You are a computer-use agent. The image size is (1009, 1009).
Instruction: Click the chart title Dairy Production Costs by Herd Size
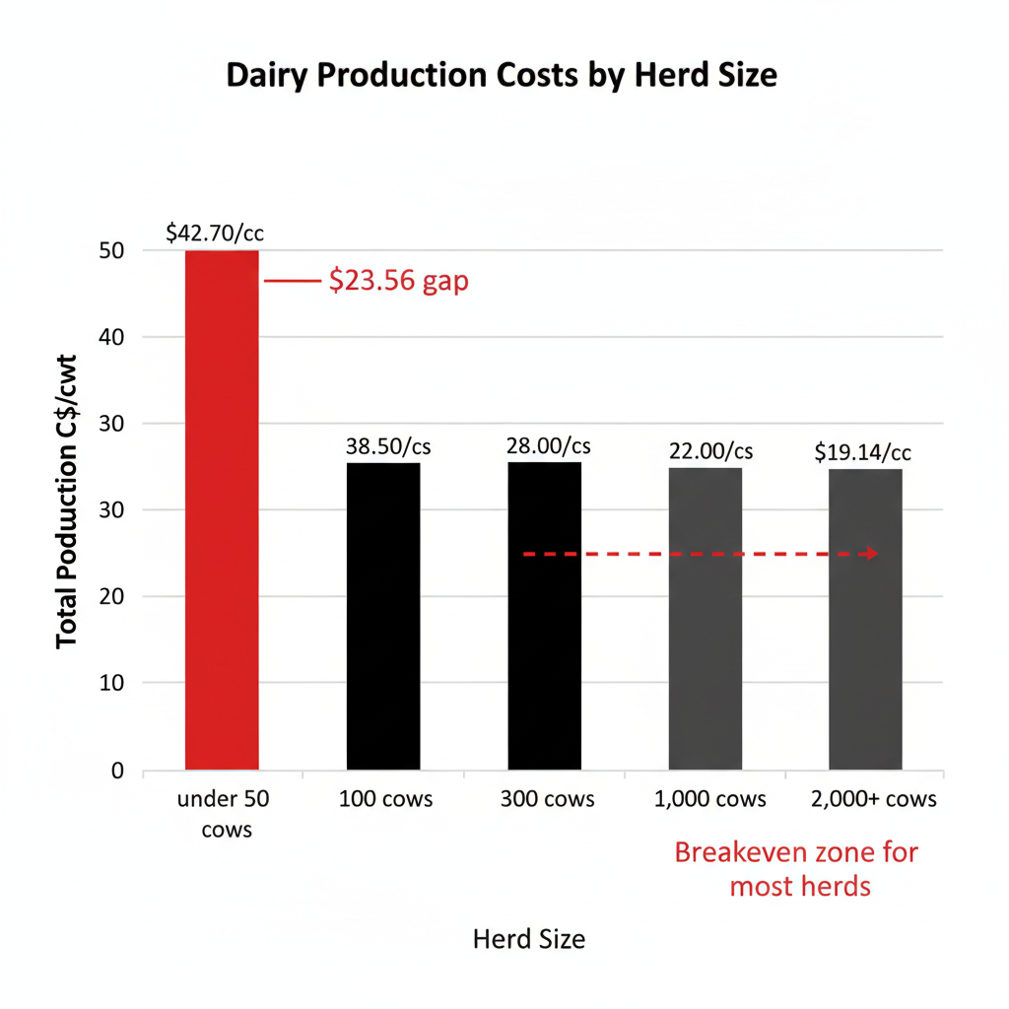click(x=502, y=76)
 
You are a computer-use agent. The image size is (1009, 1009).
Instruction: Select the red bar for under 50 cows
click(x=222, y=509)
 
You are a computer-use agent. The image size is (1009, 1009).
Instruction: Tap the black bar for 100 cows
click(x=383, y=616)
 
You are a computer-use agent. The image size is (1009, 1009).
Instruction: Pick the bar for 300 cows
click(x=544, y=616)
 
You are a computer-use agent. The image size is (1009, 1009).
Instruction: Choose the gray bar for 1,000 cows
click(x=705, y=618)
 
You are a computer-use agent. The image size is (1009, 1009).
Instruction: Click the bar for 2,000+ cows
click(x=865, y=619)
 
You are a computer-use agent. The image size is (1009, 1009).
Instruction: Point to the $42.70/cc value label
click(x=215, y=234)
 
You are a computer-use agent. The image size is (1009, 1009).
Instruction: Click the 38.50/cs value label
click(x=388, y=446)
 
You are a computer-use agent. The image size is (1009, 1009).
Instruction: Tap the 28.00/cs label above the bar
click(x=549, y=446)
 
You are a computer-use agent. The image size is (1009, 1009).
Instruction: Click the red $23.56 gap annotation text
click(x=398, y=282)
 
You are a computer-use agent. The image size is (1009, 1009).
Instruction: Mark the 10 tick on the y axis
click(x=110, y=683)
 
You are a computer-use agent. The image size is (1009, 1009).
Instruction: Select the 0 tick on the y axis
click(x=117, y=770)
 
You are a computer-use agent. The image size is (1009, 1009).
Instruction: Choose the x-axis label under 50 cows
click(x=223, y=813)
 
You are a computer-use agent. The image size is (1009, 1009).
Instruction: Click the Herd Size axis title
click(x=529, y=939)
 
